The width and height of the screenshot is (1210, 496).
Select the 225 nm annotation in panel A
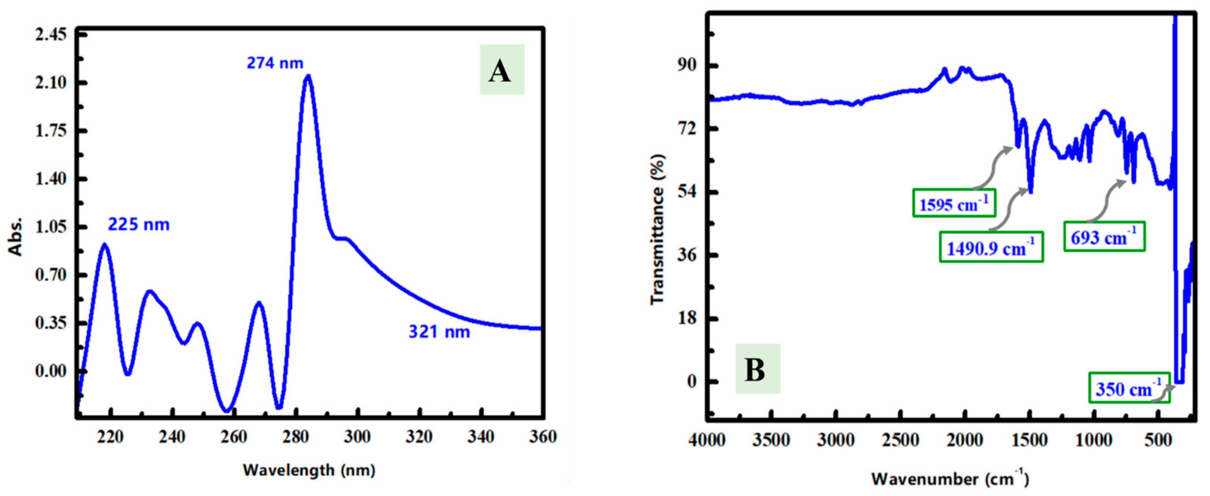point(139,224)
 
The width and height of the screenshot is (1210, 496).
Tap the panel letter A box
point(502,69)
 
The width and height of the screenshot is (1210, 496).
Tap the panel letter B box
point(757,369)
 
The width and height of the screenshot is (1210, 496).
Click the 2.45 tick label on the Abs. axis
point(51,35)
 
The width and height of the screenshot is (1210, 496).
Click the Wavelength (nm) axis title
point(309,470)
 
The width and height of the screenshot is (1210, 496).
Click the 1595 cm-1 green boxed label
point(954,203)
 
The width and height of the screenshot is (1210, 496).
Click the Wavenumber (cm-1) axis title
point(950,479)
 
